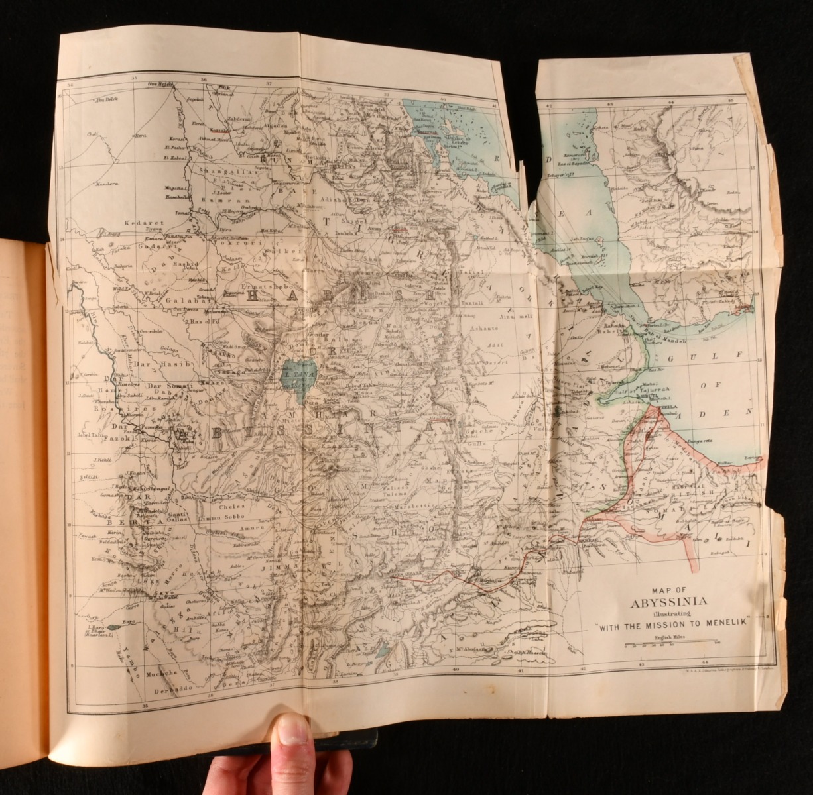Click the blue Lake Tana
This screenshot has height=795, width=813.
(293, 382)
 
